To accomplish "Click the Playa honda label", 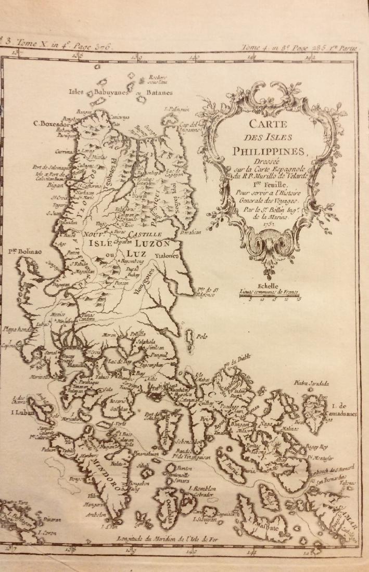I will tap(16, 329).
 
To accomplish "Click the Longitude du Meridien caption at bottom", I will tap(177, 539).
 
